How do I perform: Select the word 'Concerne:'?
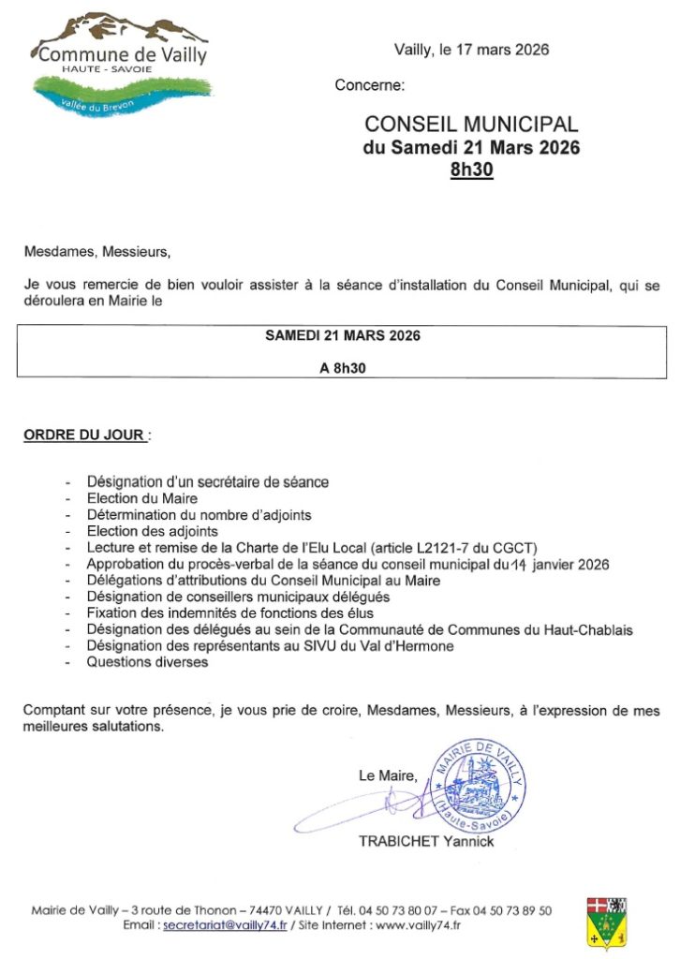(x=370, y=86)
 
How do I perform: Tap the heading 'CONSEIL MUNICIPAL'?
(x=471, y=125)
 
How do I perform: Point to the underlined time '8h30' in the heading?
(x=471, y=170)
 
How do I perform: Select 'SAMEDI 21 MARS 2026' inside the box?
(x=343, y=336)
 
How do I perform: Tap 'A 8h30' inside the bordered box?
(x=343, y=368)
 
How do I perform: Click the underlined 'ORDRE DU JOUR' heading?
(x=84, y=435)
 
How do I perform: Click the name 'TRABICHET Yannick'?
(x=426, y=841)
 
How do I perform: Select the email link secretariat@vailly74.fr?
(x=225, y=925)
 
